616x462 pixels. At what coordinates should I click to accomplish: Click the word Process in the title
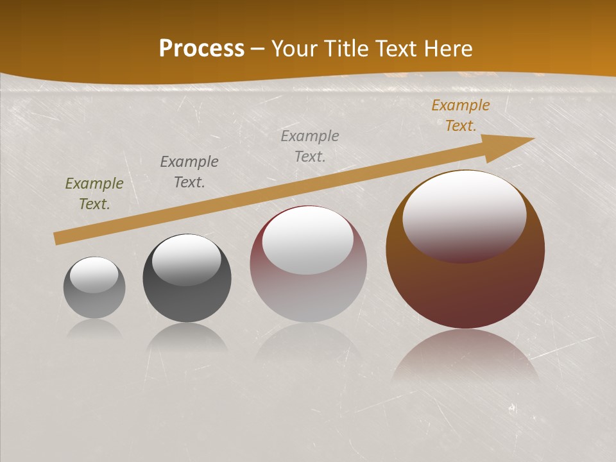click(201, 49)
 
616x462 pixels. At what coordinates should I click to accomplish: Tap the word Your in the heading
click(297, 49)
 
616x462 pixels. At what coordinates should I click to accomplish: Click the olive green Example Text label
click(94, 194)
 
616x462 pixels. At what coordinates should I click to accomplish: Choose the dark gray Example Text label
click(189, 172)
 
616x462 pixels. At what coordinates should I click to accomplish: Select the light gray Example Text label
click(310, 146)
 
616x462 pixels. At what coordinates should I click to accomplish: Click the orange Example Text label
click(461, 116)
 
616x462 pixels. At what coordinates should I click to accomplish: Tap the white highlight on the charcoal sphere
click(186, 259)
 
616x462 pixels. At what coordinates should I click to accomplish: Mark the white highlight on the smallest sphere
click(94, 274)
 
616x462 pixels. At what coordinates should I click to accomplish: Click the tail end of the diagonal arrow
click(59, 238)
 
